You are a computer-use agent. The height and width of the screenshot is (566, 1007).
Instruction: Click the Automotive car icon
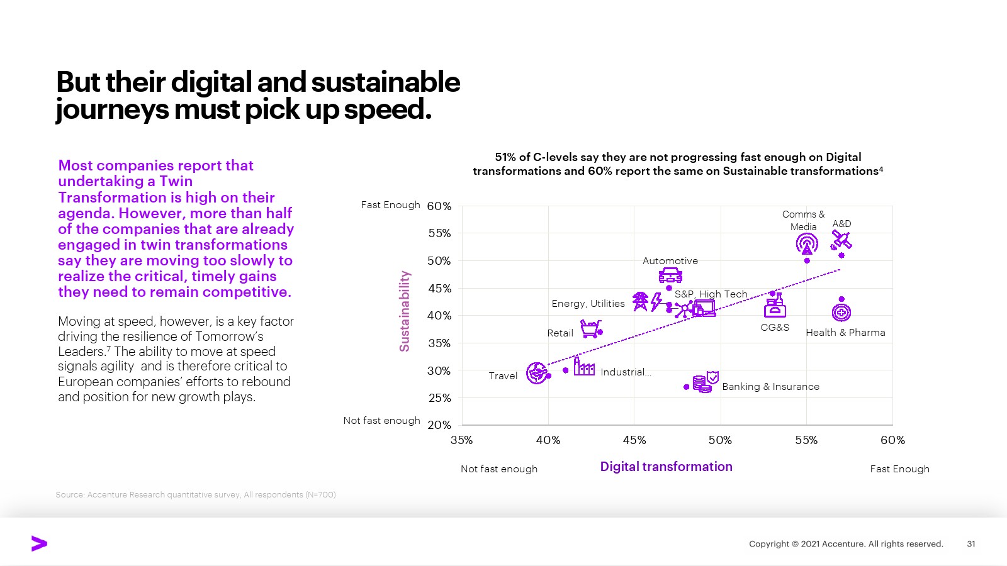[x=670, y=275]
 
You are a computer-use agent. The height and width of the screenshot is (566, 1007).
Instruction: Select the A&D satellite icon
[x=841, y=240]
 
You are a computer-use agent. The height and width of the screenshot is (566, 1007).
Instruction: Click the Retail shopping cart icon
[x=590, y=328]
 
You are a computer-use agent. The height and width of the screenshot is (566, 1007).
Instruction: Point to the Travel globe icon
[x=537, y=373]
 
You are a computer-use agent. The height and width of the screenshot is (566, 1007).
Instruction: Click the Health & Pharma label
[x=845, y=333]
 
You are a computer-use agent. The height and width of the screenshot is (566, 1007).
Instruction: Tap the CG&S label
[x=775, y=328]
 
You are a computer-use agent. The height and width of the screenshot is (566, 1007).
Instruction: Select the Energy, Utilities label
[x=588, y=304]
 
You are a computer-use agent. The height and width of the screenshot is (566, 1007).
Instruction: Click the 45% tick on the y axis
[x=439, y=289]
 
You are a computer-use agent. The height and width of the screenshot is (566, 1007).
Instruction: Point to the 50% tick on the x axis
[x=720, y=440]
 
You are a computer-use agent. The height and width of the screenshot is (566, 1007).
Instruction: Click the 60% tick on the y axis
[x=439, y=206]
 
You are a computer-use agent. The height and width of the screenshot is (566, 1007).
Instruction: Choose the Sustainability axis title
[x=405, y=311]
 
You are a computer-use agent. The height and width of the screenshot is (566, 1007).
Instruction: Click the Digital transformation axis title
[x=666, y=467]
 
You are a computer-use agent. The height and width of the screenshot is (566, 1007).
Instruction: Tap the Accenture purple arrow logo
[x=39, y=544]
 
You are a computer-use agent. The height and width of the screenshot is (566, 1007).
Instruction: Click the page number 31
[x=971, y=544]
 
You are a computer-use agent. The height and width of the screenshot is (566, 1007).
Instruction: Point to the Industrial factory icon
[x=584, y=367]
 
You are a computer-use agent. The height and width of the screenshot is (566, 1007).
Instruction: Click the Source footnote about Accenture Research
[x=196, y=495]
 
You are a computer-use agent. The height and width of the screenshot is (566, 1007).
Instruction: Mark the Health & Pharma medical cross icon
[x=841, y=312]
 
